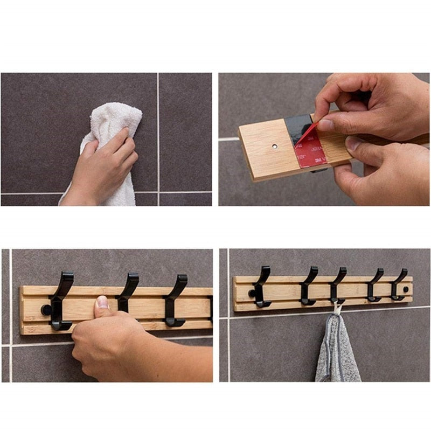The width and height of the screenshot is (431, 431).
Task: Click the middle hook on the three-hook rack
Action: click(128, 291)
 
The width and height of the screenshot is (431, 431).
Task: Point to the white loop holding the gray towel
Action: click(337, 309)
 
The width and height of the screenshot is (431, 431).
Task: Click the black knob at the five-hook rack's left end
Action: click(252, 293)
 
